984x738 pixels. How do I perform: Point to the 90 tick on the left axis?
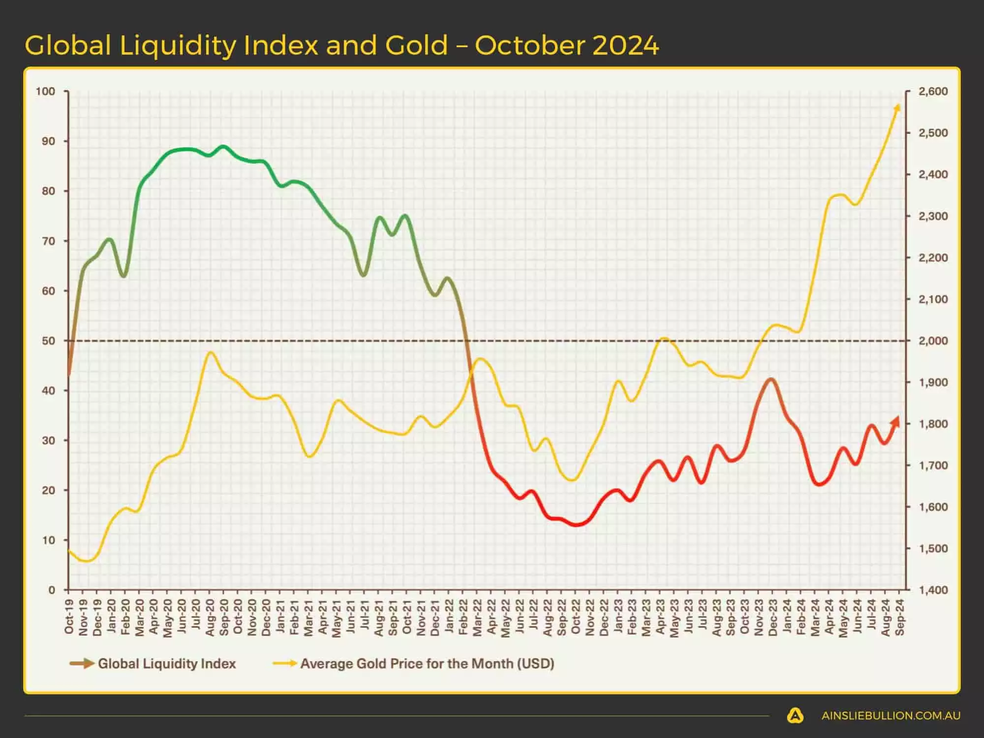pos(48,141)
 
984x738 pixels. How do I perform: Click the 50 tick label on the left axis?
pos(48,340)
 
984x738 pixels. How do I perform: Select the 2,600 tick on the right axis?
pos(933,92)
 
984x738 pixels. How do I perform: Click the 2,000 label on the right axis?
pos(933,340)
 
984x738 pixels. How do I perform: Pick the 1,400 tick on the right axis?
pos(933,589)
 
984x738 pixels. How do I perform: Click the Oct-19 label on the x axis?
pos(69,616)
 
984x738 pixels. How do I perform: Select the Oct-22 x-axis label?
pos(576,616)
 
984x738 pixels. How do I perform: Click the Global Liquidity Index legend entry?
pos(166,664)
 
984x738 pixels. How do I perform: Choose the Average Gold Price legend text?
pos(427,664)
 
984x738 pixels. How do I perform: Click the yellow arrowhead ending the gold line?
pos(898,107)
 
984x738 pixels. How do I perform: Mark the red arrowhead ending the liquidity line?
pos(896,421)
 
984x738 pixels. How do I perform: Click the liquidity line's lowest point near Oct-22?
pos(576,524)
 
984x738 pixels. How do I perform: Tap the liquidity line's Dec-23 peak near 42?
pos(771,379)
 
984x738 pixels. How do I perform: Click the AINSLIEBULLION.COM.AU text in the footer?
pos(891,716)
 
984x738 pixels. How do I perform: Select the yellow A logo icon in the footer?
pos(795,716)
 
